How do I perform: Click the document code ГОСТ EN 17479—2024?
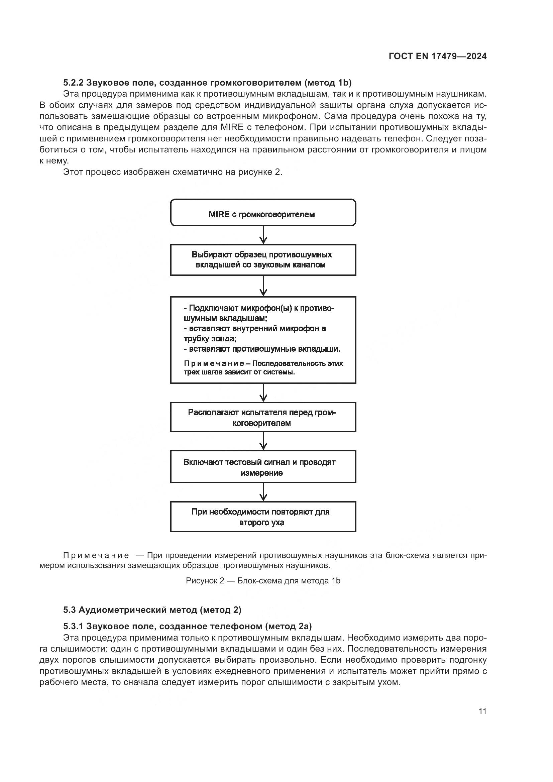pyautogui.click(x=437, y=57)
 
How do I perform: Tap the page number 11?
pyautogui.click(x=482, y=711)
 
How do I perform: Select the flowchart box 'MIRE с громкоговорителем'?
pyautogui.click(x=263, y=213)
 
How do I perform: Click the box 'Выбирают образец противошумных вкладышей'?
pyautogui.click(x=263, y=259)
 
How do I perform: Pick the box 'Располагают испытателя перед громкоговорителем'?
pyautogui.click(x=263, y=417)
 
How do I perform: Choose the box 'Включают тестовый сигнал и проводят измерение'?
pyautogui.click(x=263, y=467)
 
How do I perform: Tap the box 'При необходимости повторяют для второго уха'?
pyautogui.click(x=263, y=517)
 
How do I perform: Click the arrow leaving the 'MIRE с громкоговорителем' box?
pyautogui.click(x=263, y=235)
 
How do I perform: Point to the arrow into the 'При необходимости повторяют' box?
pyautogui.click(x=263, y=492)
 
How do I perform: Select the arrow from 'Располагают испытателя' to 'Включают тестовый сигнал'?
pyautogui.click(x=263, y=441)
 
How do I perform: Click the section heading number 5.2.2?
pyautogui.click(x=74, y=83)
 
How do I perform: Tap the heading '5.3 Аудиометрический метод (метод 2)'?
pyautogui.click(x=152, y=610)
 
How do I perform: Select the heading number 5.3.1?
pyautogui.click(x=74, y=626)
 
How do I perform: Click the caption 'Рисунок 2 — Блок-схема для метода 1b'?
pyautogui.click(x=263, y=581)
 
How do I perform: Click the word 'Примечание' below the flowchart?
pyautogui.click(x=96, y=556)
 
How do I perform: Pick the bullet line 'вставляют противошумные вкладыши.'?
pyautogui.click(x=262, y=349)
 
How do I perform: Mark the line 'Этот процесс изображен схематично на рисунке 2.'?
pyautogui.click(x=173, y=172)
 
